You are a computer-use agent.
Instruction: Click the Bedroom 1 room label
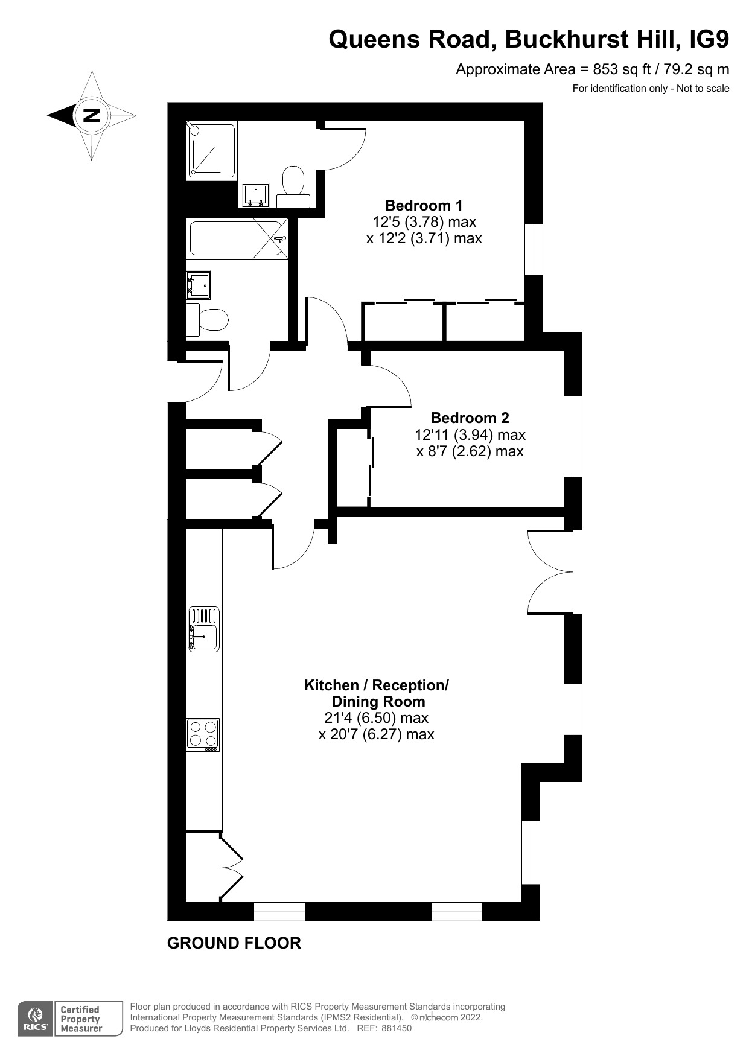pyautogui.click(x=424, y=205)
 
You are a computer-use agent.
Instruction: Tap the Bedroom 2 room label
pyautogui.click(x=470, y=418)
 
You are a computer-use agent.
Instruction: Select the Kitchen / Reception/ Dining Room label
pyautogui.click(x=377, y=693)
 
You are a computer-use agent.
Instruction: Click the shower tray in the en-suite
pyautogui.click(x=211, y=151)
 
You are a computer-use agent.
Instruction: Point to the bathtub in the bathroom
pyautogui.click(x=237, y=239)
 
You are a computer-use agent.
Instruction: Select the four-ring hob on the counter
pyautogui.click(x=203, y=734)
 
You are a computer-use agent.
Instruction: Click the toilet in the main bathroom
pyautogui.click(x=210, y=319)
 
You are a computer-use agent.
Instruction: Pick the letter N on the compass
pyautogui.click(x=91, y=115)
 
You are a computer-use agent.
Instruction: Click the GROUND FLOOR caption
pyautogui.click(x=234, y=943)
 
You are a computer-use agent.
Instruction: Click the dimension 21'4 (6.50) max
pyautogui.click(x=376, y=718)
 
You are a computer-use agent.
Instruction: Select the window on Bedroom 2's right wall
pyautogui.click(x=573, y=436)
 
